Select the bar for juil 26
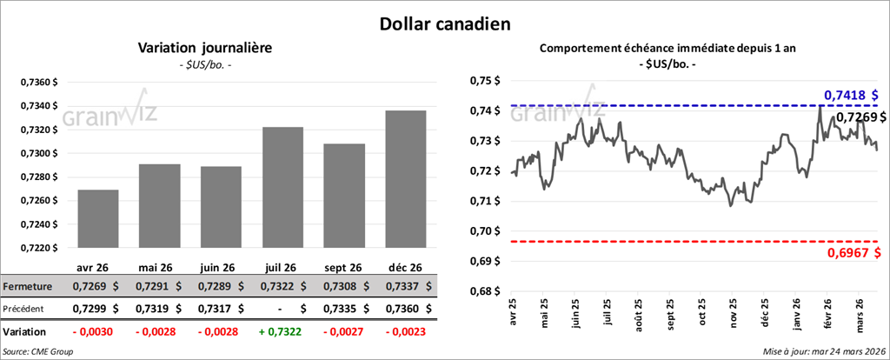tap(282, 187)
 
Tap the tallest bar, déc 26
tap(405, 178)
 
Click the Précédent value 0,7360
tap(399, 308)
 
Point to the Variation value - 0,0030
tap(91, 332)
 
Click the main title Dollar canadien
tap(444, 23)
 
